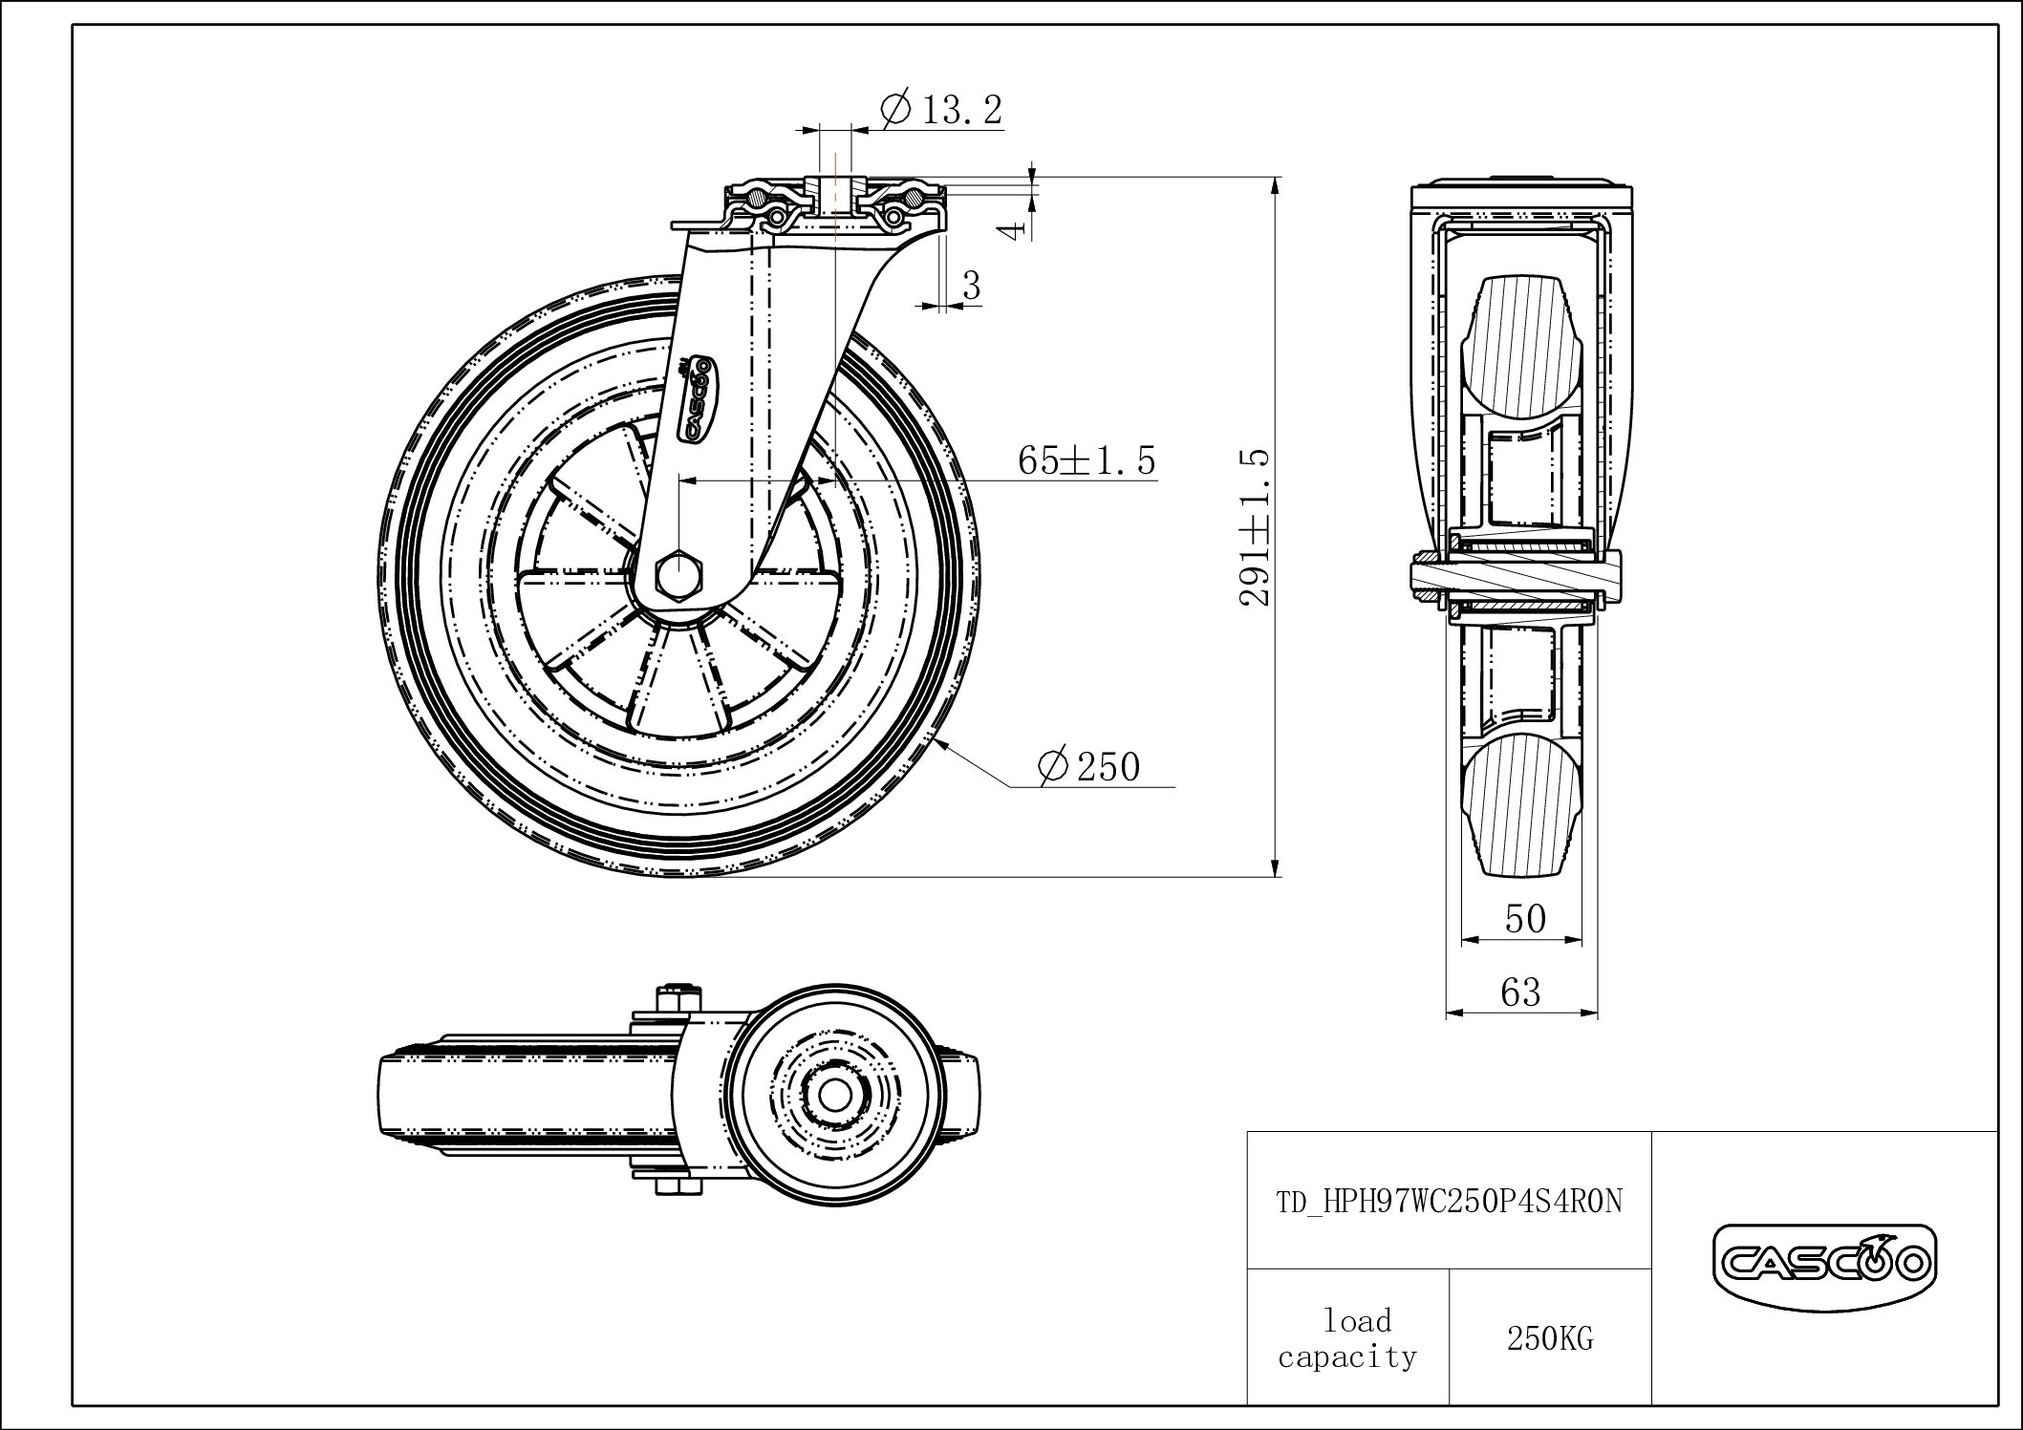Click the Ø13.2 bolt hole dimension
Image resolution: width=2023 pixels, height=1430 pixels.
point(940,110)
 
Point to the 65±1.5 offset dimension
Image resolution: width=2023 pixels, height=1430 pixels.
point(1087,460)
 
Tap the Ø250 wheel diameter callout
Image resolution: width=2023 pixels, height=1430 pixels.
point(1089,766)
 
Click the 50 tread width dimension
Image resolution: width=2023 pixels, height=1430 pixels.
point(1524,918)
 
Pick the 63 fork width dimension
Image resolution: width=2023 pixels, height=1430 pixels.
point(1520,992)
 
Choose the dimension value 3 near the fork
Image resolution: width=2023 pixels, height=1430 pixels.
point(972,285)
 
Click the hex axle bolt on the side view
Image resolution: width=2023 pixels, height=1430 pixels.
point(678,576)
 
